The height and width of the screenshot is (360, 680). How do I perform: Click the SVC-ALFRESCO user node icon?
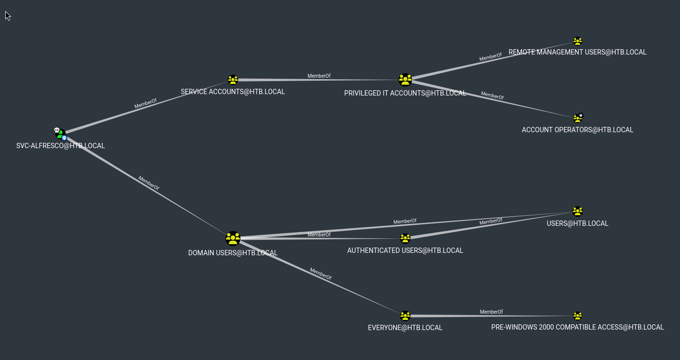coord(60,133)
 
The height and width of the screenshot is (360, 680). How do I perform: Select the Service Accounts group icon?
coord(233,80)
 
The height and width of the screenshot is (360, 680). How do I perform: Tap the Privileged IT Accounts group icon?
coord(405,80)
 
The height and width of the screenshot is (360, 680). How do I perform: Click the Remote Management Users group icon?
coord(578,42)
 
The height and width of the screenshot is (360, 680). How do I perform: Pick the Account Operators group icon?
coord(578,118)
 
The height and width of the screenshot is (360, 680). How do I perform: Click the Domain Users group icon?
coord(233,238)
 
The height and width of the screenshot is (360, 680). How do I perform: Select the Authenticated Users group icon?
coord(405,238)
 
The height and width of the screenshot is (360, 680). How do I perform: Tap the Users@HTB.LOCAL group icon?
coord(578,211)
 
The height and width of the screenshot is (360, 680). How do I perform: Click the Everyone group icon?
coord(405,316)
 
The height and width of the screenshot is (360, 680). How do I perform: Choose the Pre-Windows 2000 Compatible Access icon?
coord(578,316)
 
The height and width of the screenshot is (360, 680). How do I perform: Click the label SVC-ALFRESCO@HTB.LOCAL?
coord(60,146)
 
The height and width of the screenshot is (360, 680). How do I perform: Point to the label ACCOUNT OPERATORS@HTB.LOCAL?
coord(577,130)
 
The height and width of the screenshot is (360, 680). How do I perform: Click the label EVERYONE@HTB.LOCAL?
coord(405,328)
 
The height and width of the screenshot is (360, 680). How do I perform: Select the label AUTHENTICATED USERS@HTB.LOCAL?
coord(405,250)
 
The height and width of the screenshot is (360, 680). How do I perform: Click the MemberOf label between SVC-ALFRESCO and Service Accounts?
coord(145,104)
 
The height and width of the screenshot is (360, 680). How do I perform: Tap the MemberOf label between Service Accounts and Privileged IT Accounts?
coord(319,76)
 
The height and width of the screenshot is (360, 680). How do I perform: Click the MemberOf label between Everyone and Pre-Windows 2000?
coord(491,312)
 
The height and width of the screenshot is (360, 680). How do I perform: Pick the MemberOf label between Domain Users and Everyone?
coord(320,274)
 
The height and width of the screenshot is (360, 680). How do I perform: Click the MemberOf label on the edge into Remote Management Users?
coord(490,57)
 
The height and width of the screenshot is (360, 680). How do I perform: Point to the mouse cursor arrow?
coord(7,15)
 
